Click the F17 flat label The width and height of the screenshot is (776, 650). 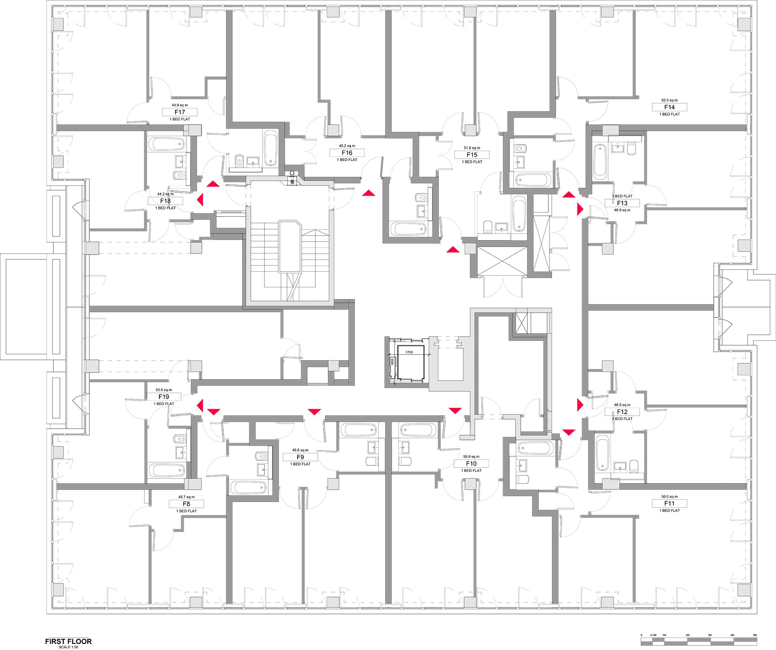[x=180, y=112]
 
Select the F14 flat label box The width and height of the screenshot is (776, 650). [x=669, y=107]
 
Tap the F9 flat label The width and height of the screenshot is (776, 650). [x=300, y=457]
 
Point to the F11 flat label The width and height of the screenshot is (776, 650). [x=669, y=503]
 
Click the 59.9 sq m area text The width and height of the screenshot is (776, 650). [x=471, y=457]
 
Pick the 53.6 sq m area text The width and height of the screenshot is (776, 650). [x=163, y=390]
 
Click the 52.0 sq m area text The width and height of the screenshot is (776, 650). [x=669, y=100]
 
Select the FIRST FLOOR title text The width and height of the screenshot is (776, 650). [x=68, y=641]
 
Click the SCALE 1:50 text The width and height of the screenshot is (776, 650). [x=68, y=647]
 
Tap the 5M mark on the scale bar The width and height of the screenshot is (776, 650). [x=754, y=635]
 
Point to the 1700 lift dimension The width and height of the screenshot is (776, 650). [x=409, y=352]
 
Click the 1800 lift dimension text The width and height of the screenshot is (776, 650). [x=392, y=362]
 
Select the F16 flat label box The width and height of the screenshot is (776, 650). [x=347, y=153]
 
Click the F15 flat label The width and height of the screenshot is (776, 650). [x=472, y=155]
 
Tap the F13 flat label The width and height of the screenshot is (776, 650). [x=622, y=203]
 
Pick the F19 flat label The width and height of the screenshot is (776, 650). [x=163, y=397]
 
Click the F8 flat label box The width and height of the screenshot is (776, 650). [x=186, y=504]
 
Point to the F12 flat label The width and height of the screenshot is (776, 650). [x=622, y=412]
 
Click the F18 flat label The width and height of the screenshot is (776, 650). [x=165, y=201]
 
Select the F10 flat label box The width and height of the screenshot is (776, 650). [x=471, y=464]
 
